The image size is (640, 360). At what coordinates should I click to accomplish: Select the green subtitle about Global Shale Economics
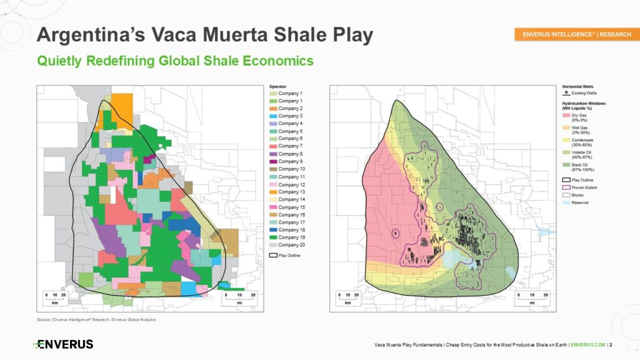[x=175, y=61]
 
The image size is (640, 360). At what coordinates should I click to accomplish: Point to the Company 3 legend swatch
[x=272, y=116]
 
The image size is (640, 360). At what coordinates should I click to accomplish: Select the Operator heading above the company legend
[x=277, y=86]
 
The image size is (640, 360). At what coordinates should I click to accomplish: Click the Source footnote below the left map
[x=96, y=320]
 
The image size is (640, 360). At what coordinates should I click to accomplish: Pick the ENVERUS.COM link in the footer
[x=587, y=344]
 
